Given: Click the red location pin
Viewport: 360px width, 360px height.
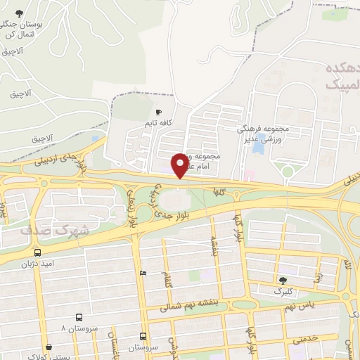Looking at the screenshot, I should point(180,165).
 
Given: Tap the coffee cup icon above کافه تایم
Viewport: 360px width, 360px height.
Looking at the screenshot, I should point(159,112).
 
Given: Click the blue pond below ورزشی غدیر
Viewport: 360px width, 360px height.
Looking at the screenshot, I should point(259,148).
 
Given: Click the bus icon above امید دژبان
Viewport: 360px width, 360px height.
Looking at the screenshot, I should point(37,252).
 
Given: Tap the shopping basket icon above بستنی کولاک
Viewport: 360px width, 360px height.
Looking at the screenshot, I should point(49,347).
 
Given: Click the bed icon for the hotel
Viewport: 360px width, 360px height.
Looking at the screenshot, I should point(143,273).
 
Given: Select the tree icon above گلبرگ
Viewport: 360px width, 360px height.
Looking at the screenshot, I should point(283,280).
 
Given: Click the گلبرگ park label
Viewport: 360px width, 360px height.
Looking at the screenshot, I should point(283,290).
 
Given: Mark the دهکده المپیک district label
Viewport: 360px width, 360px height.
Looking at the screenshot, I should point(341,77).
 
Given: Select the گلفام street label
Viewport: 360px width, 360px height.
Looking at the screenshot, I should point(166,281).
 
